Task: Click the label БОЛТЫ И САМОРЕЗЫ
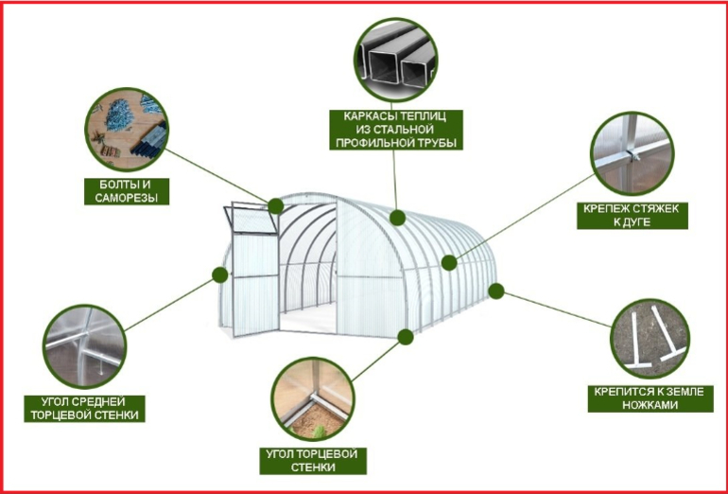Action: tap(127, 191)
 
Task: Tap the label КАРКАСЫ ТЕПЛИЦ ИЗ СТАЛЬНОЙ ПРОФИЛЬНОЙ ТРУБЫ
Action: tap(396, 130)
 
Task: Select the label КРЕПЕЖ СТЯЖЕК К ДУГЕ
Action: tap(632, 216)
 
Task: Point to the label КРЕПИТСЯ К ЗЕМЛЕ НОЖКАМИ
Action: tap(650, 398)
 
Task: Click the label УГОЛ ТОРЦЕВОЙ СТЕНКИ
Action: tap(312, 461)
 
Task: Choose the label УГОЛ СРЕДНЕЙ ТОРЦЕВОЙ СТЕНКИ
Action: tap(84, 409)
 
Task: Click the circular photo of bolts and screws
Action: tap(127, 130)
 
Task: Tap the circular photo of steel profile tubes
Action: tap(395, 60)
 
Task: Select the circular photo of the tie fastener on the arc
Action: tap(632, 153)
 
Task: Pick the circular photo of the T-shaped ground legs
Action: tap(650, 339)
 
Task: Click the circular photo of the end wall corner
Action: tap(312, 399)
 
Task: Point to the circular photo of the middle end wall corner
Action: tap(84, 346)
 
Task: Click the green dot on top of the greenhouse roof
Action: tap(397, 218)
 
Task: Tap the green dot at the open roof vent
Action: tap(276, 206)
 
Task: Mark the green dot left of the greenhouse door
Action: tap(220, 274)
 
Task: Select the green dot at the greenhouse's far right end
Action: tap(496, 291)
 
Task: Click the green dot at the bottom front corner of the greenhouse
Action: tap(406, 337)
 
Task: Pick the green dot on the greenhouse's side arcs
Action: tap(449, 262)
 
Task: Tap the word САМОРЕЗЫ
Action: tap(127, 198)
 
